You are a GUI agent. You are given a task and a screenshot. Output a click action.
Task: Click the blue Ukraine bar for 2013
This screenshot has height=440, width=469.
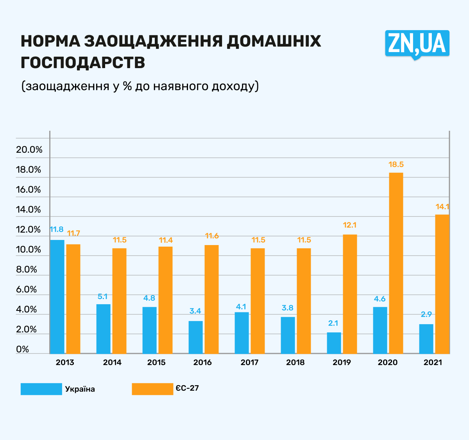[57, 296]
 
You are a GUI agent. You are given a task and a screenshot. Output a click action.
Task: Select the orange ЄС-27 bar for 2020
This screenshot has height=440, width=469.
[396, 263]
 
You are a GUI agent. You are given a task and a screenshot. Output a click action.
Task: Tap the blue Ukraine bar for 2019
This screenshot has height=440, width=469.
[334, 343]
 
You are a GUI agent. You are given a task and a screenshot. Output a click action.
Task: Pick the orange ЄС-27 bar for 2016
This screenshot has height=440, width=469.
[211, 299]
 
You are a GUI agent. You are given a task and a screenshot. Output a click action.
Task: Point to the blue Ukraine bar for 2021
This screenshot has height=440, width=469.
[426, 339]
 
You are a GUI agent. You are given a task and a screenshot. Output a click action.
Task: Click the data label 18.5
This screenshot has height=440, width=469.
[396, 165]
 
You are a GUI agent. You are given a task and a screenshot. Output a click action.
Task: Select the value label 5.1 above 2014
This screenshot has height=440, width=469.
[102, 297]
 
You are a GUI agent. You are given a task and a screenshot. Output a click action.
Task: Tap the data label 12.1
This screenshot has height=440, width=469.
[350, 225]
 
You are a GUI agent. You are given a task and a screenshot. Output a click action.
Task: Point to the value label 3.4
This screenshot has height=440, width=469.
[195, 311]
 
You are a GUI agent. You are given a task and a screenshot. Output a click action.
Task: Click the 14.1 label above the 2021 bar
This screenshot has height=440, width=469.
[442, 207]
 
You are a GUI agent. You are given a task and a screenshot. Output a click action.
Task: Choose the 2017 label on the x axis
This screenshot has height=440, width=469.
[249, 362]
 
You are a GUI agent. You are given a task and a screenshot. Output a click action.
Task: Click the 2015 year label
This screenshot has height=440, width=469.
[156, 362]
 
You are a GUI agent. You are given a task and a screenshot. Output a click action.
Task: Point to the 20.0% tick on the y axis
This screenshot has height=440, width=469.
[29, 150]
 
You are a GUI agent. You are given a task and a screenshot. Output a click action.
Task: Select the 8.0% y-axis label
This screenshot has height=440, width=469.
[27, 269]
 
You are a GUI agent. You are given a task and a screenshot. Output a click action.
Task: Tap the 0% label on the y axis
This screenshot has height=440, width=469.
[23, 349]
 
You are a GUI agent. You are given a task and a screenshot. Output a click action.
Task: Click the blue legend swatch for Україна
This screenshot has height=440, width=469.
[41, 389]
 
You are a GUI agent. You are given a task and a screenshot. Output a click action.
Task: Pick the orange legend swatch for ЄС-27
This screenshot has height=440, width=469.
[152, 389]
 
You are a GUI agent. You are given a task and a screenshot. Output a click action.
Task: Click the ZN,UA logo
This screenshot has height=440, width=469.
[417, 44]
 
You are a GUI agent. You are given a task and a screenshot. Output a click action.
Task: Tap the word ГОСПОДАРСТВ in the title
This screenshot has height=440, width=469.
[83, 63]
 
